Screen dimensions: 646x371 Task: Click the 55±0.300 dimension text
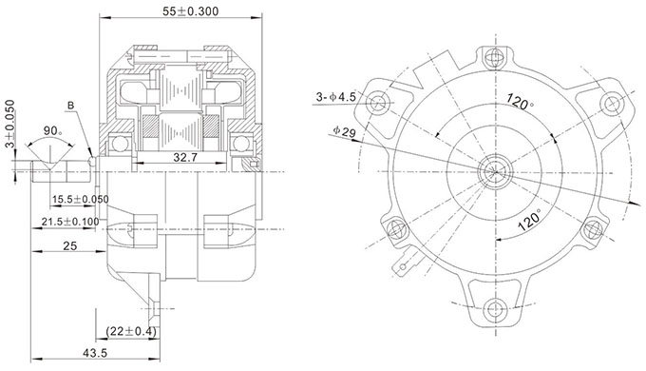(x=190, y=11)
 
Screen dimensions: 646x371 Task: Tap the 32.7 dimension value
(x=185, y=157)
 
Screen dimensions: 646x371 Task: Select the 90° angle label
(x=53, y=131)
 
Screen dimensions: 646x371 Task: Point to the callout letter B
(x=71, y=106)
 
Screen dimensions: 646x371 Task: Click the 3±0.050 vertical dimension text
(x=9, y=124)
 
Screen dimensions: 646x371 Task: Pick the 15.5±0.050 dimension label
(x=81, y=200)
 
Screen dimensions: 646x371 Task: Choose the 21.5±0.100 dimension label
(x=70, y=222)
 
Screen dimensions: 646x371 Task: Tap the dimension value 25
(x=70, y=246)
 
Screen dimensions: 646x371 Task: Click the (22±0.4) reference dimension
(x=131, y=331)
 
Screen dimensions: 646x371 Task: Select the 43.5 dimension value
(x=95, y=353)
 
